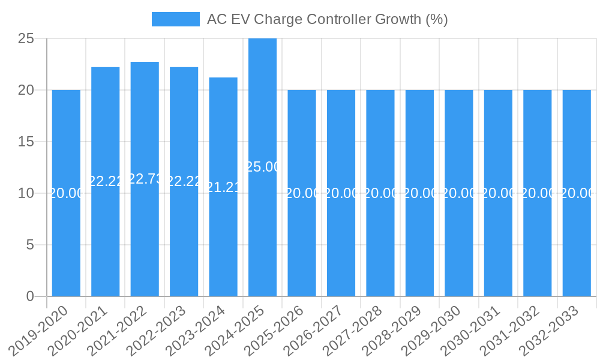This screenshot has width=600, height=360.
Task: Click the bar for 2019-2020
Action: [66, 240]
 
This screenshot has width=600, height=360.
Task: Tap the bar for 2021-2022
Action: [145, 240]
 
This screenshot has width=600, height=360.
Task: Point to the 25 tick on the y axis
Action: [26, 39]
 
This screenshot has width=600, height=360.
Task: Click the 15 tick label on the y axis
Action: [26, 142]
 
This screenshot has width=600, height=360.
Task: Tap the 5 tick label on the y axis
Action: [30, 245]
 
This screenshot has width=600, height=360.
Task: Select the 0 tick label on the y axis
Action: [30, 296]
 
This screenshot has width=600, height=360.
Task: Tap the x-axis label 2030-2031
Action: [470, 330]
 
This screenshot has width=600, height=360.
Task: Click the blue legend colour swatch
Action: [175, 19]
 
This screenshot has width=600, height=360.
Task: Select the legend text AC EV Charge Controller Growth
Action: [327, 19]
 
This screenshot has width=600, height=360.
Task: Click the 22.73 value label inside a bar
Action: [145, 179]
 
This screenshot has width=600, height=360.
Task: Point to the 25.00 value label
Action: [262, 167]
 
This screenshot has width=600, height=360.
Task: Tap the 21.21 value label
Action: [223, 187]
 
